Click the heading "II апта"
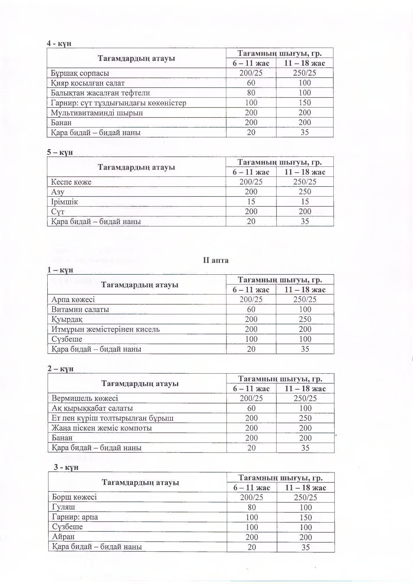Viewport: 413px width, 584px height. (215, 260)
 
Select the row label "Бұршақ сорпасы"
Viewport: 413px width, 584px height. (80, 73)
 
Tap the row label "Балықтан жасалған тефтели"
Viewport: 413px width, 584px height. (100, 93)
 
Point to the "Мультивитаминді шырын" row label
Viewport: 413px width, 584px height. (97, 113)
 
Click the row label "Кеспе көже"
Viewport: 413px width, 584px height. (71, 182)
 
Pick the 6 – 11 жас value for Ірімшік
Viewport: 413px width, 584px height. (251, 202)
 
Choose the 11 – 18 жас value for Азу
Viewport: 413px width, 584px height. (305, 192)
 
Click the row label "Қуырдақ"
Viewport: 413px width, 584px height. (67, 319)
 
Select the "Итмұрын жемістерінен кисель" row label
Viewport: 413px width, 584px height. (106, 329)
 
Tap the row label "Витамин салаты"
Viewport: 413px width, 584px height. (80, 309)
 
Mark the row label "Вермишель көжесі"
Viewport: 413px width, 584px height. (85, 398)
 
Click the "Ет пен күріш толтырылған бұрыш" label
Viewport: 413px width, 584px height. (113, 418)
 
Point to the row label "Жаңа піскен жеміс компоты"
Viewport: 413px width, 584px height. (102, 428)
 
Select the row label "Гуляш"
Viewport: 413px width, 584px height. (64, 507)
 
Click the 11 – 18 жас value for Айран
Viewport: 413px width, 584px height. (305, 537)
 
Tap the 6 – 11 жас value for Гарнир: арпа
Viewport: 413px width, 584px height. (252, 517)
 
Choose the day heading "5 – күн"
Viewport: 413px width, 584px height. (60, 152)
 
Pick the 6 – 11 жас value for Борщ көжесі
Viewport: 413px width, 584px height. (252, 497)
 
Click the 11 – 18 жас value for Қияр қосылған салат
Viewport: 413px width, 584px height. (305, 83)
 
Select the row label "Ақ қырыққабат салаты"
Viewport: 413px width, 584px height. (92, 408)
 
